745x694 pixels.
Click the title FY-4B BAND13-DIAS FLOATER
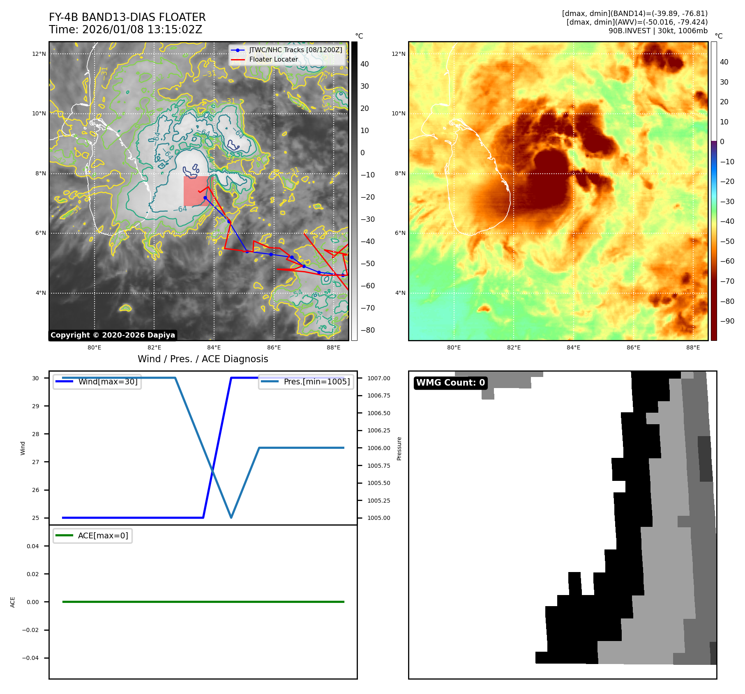127,17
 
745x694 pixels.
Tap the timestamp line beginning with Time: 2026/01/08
125,30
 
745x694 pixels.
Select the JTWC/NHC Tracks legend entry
295,50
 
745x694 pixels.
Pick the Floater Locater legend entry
273,59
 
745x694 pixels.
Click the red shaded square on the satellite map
196,191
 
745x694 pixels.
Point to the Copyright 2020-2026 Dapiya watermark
113,335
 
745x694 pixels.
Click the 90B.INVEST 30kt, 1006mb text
657,31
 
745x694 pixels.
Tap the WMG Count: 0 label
450,383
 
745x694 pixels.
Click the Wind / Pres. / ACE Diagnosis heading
203,359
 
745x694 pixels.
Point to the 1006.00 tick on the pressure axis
378,448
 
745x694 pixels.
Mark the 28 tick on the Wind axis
36,434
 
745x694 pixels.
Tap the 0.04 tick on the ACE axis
32,546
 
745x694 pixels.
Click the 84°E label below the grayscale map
214,347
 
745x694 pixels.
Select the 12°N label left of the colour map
398,54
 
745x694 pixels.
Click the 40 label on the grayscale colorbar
364,64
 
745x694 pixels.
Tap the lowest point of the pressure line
231,517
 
